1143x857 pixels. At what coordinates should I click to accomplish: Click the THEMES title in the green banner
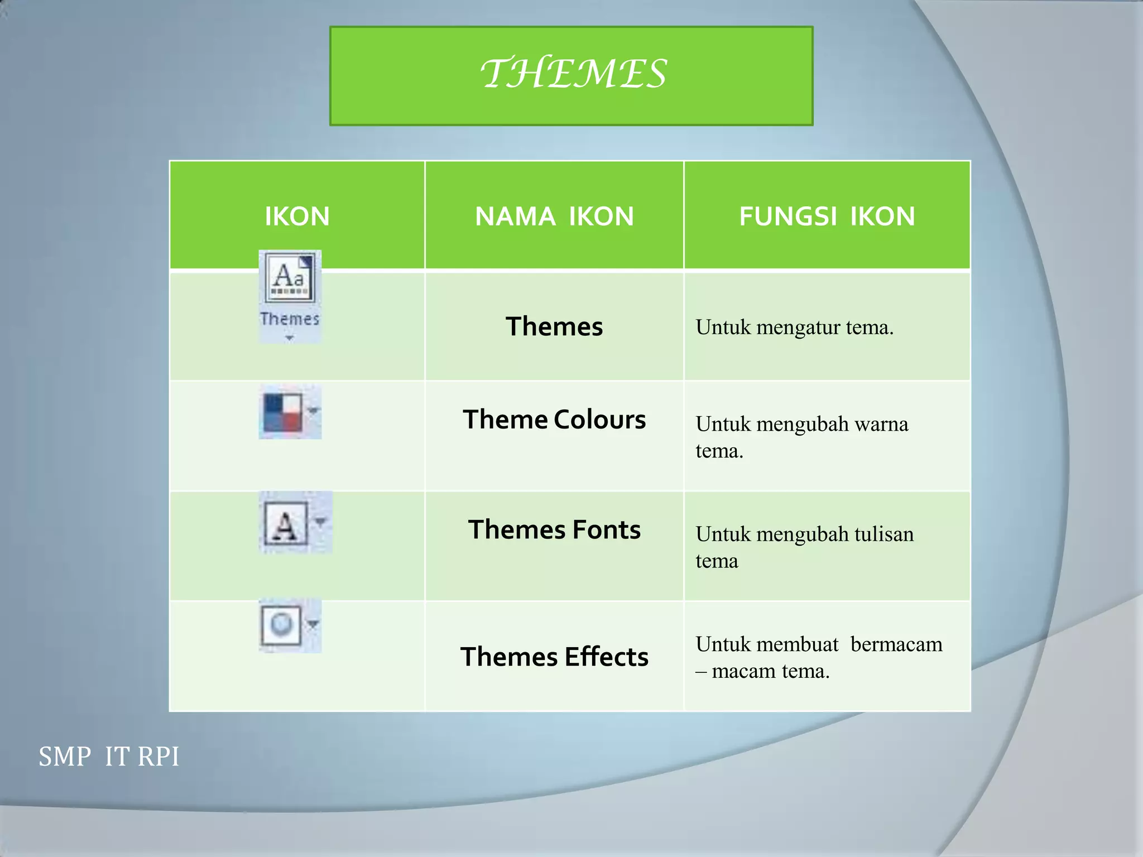tap(573, 74)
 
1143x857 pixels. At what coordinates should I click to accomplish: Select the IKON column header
tap(297, 216)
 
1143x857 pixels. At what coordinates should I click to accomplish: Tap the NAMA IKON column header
tap(554, 216)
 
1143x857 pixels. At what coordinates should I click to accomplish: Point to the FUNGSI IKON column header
tap(827, 216)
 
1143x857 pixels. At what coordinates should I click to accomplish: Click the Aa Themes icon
tap(290, 277)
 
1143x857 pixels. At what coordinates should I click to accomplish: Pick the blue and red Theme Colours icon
tap(284, 412)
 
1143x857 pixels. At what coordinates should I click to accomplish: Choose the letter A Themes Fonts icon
tap(285, 524)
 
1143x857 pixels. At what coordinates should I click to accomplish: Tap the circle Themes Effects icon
tap(282, 625)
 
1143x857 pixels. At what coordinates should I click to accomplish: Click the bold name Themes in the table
tap(554, 326)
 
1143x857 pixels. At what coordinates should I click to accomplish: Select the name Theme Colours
tap(554, 420)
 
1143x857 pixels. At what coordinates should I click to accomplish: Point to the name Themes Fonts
tap(554, 529)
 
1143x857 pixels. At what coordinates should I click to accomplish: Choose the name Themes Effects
tap(554, 657)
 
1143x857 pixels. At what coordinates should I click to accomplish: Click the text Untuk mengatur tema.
tap(794, 328)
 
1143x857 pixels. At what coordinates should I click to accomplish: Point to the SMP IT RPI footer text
tap(109, 757)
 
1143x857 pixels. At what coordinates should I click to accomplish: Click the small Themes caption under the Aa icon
tap(290, 319)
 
